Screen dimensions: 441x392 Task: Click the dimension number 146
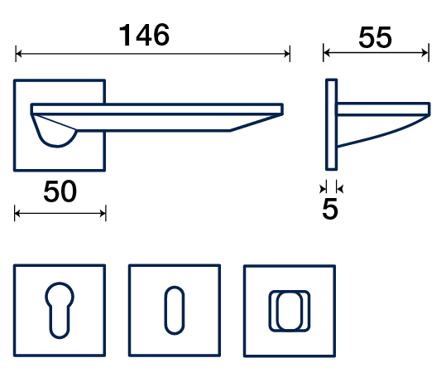[x=144, y=35]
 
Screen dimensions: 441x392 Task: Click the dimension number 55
[x=375, y=37]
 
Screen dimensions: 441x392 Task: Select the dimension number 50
[x=60, y=191]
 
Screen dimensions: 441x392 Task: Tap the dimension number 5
[x=330, y=209]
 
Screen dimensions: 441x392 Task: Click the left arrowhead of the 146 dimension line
[x=18, y=53]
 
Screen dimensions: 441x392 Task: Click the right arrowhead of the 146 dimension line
[x=287, y=53]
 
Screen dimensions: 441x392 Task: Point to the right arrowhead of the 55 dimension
[x=425, y=52]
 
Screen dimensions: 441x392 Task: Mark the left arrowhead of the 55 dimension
[x=327, y=52]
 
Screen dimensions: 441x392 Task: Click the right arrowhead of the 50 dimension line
[x=103, y=214]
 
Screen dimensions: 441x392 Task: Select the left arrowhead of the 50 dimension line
[x=17, y=214]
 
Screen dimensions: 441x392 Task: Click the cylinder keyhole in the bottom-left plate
[x=60, y=310]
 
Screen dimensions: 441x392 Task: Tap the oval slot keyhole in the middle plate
[x=175, y=310]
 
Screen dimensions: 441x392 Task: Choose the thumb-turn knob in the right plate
[x=290, y=311]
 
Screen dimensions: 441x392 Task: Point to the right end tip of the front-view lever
[x=282, y=109]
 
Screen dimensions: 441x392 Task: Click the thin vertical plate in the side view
[x=331, y=124]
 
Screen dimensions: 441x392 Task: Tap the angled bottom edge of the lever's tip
[x=256, y=123]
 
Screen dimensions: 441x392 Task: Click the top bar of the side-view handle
[x=384, y=109]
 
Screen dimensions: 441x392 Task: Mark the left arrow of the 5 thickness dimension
[x=323, y=188]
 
